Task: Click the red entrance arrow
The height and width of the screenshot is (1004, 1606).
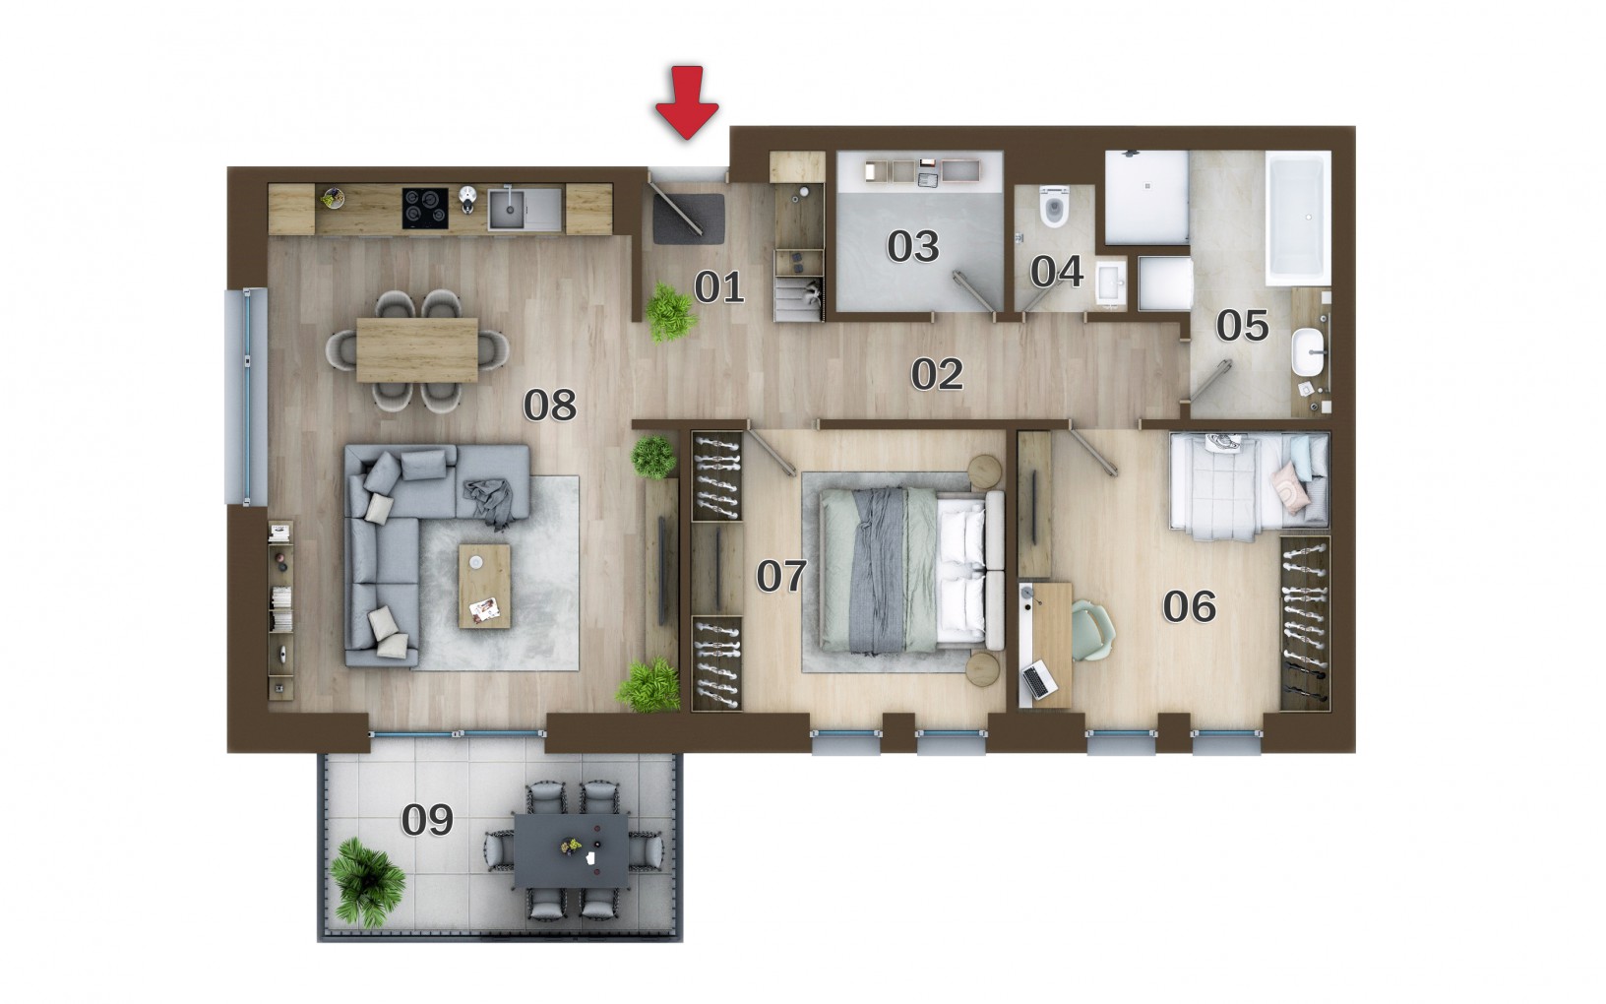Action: (687, 101)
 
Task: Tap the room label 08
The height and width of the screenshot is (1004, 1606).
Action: (550, 406)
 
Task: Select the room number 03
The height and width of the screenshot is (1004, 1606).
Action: (912, 246)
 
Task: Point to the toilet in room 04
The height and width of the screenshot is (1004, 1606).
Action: (1054, 207)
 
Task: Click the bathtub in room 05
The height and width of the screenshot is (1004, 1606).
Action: (1298, 218)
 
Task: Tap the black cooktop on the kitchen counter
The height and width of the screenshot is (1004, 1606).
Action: (425, 208)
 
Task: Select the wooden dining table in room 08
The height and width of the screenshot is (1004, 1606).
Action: (417, 349)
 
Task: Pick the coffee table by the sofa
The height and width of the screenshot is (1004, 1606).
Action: (485, 586)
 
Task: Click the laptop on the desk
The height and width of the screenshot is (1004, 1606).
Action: (1039, 680)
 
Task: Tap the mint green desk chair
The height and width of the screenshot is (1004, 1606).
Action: (1092, 630)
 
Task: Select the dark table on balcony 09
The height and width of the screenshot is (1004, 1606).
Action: (572, 850)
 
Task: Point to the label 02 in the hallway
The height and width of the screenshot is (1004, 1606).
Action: (937, 374)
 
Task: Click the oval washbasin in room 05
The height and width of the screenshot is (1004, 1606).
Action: (1308, 352)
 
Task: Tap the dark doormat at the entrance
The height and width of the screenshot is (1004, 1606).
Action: (688, 219)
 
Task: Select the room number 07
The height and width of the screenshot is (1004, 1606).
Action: (781, 577)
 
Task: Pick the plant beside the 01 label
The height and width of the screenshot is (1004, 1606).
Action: (669, 313)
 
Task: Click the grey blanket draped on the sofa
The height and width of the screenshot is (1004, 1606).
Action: (490, 502)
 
